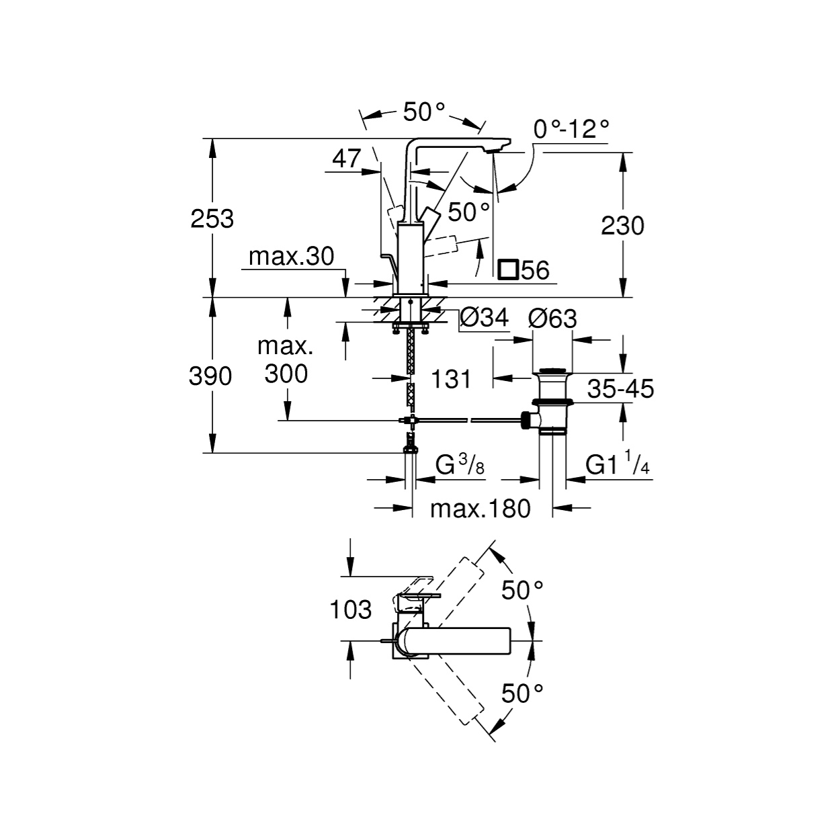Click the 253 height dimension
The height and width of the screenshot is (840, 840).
[x=212, y=219]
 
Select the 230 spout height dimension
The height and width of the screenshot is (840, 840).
[x=622, y=226]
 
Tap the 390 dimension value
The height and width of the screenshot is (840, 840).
[x=210, y=376]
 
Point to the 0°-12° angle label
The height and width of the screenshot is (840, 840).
[x=571, y=128]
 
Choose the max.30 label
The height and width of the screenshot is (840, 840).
[x=291, y=256]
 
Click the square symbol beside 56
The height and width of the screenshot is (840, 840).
[x=508, y=270]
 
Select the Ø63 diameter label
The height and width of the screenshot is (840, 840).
[x=553, y=319]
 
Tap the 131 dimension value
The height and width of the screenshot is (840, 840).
[x=451, y=379]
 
